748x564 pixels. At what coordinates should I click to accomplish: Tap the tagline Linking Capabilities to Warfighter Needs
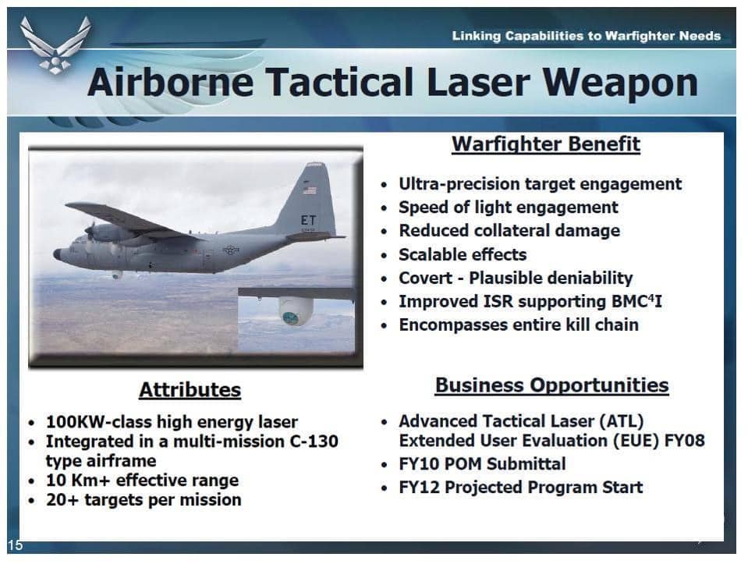point(587,36)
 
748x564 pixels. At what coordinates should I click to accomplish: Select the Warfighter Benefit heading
point(546,144)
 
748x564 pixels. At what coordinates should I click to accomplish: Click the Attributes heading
point(190,390)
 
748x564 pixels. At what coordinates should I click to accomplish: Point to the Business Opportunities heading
point(552,385)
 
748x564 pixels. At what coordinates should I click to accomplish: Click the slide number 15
point(15,545)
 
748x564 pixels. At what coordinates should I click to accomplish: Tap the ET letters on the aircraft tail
point(308,220)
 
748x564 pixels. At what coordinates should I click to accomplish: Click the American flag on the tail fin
point(309,190)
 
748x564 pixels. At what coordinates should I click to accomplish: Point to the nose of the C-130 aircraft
point(57,254)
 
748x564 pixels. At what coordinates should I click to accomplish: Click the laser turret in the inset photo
point(296,311)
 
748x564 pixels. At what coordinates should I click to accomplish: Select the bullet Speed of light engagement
point(508,208)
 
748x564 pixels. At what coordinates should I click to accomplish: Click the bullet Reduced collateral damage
point(509,230)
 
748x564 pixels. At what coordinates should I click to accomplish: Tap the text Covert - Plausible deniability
point(516,278)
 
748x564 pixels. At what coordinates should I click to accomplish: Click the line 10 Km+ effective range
point(142,480)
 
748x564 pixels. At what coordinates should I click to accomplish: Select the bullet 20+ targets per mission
point(144,499)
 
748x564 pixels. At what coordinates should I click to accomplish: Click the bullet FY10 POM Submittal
point(482,464)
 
